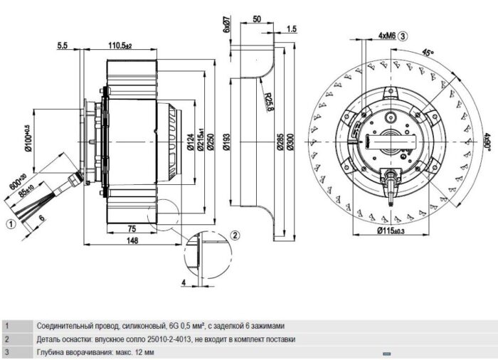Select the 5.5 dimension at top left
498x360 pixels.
pos(63,46)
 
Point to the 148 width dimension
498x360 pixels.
pos(133,241)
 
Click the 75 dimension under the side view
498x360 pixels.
pos(131,228)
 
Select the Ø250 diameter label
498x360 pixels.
pos(211,141)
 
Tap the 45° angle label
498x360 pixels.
pos(428,52)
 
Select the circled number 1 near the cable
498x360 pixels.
pos(11,223)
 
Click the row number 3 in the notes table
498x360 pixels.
pos(7,352)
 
